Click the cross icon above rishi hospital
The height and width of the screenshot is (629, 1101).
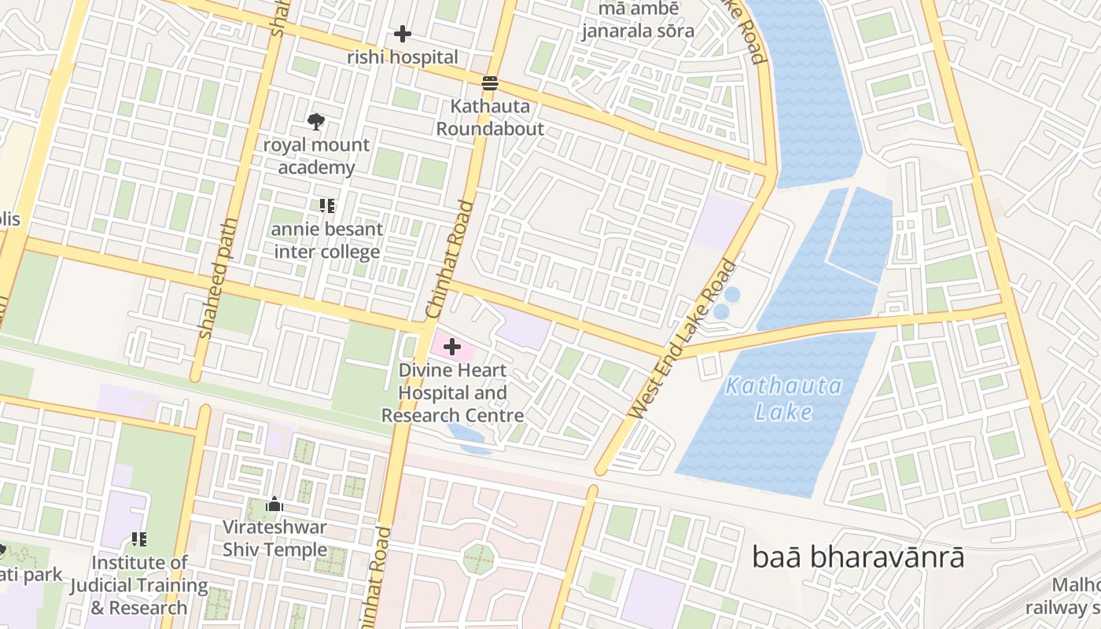coord(402,34)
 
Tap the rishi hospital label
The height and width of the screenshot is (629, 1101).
coord(402,57)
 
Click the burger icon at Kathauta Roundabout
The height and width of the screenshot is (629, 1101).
coord(490,83)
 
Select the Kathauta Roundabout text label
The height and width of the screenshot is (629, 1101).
coord(490,117)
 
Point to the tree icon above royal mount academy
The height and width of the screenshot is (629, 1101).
coord(315,122)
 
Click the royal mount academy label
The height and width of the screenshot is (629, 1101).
coord(315,156)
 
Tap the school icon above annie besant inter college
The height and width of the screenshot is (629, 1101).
coord(327,206)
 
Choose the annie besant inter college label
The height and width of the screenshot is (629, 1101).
coord(327,241)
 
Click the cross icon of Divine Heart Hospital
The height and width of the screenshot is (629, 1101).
coord(452,346)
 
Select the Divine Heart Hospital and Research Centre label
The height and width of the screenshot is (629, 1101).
coord(452,392)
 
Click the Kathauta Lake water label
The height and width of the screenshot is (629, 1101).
coord(783,399)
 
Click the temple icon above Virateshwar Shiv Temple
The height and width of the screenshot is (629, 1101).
coord(274,504)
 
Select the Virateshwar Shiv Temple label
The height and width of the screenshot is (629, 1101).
coord(274,538)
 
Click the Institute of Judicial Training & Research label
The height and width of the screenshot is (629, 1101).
coord(139,585)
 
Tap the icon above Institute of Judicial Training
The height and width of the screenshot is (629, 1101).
coord(139,539)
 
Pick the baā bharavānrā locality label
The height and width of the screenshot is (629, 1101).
coord(858,557)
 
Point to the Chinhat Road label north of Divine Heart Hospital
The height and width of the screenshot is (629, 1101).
coord(450,259)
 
